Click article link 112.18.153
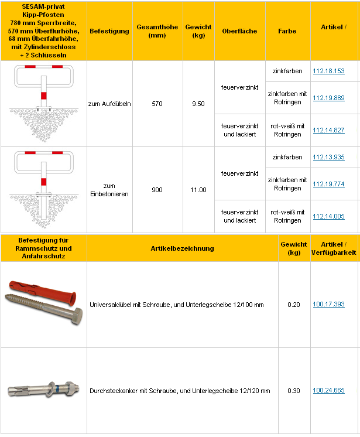[x=328, y=71]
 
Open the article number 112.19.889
[x=328, y=98]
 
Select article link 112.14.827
[x=328, y=130]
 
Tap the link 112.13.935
[x=328, y=158]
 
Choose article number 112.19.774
[x=328, y=185]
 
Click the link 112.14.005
[x=328, y=217]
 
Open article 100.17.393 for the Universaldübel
[x=328, y=305]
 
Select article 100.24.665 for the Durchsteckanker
[x=328, y=391]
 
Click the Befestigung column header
[x=109, y=32]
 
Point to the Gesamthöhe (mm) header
[x=157, y=32]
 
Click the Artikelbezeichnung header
[x=182, y=248]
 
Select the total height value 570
[x=157, y=104]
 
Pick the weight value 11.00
[x=198, y=190]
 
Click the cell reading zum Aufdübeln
[x=109, y=104]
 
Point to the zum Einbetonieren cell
[x=109, y=190]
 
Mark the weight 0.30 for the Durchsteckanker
[x=293, y=391]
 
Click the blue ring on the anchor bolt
[x=60, y=389]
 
